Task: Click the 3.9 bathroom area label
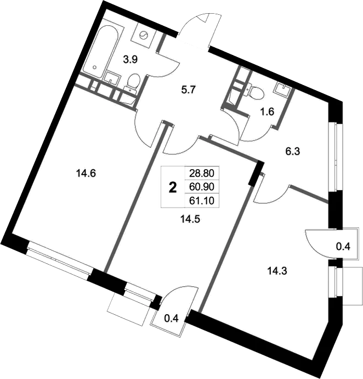[130, 60]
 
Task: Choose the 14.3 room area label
[277, 270]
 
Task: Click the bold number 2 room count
[173, 188]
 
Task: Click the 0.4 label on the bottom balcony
[171, 317]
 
